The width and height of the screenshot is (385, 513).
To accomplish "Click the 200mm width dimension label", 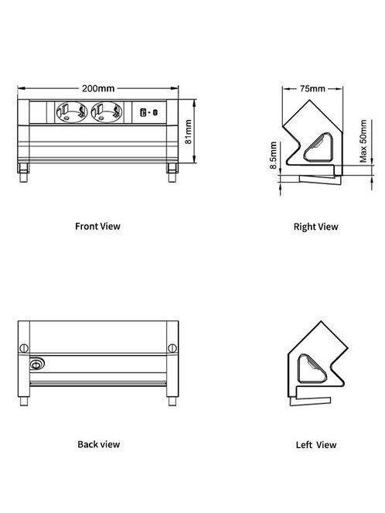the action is click(x=98, y=88).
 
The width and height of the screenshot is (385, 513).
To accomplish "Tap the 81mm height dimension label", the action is click(x=189, y=132).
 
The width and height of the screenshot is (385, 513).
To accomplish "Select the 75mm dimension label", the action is click(x=312, y=88).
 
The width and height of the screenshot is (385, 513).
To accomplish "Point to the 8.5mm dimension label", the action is click(x=273, y=155).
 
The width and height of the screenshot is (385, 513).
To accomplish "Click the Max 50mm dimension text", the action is click(x=363, y=141).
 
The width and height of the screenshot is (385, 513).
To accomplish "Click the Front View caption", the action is click(x=97, y=226).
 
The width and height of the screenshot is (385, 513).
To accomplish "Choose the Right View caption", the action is click(x=315, y=227).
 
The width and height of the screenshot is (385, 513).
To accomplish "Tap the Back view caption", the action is click(x=99, y=444).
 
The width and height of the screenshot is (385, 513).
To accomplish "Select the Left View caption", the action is click(x=316, y=445).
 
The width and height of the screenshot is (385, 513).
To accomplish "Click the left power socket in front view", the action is click(x=72, y=112).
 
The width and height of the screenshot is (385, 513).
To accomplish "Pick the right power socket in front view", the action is click(x=107, y=112).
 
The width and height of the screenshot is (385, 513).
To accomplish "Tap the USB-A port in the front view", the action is click(x=143, y=112).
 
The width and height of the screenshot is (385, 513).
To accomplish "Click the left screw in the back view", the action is click(x=24, y=347).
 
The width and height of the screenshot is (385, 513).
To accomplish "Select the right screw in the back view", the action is click(x=172, y=347).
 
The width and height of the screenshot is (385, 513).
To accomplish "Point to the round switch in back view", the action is click(x=36, y=364).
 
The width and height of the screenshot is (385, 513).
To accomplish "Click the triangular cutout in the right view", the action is click(x=319, y=148).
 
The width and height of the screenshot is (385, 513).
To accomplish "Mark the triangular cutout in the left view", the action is click(x=312, y=369).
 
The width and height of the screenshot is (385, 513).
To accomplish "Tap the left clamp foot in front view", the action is click(x=23, y=173).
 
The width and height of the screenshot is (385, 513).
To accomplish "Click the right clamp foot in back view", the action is click(x=172, y=401).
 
